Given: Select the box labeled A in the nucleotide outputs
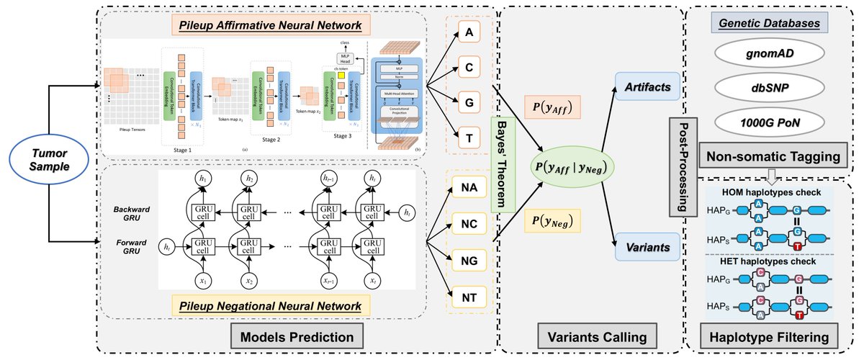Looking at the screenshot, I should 469,34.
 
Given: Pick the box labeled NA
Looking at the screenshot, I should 469,189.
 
